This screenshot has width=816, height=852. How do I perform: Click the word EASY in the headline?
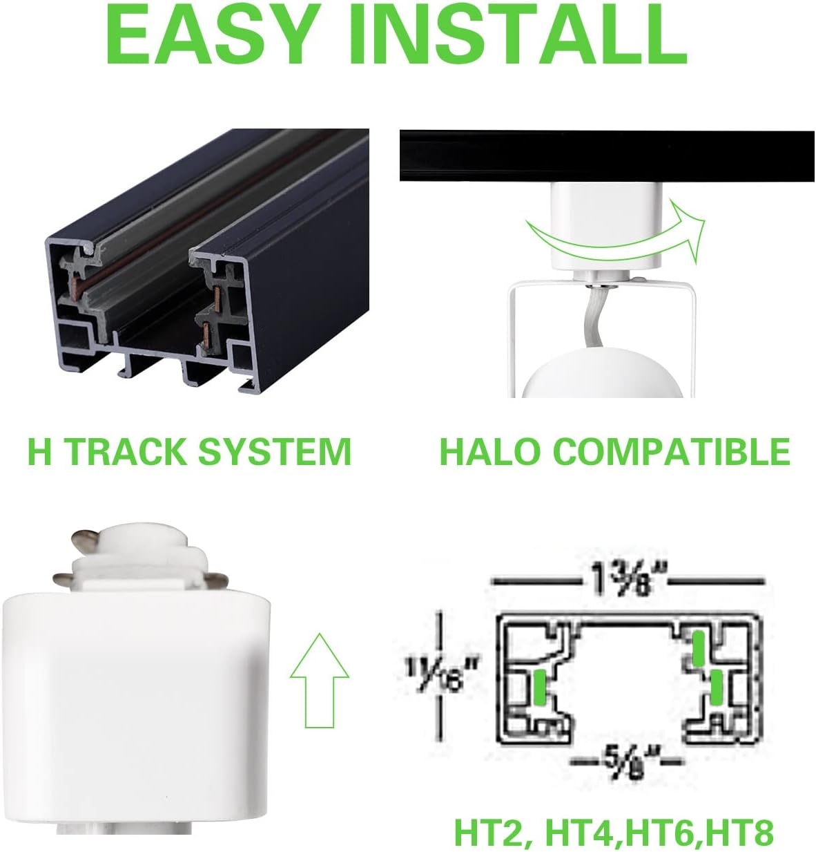208,33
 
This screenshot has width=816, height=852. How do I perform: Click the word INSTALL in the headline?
517,33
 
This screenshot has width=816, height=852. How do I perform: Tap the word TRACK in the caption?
126,451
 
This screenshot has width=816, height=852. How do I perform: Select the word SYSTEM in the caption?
275,451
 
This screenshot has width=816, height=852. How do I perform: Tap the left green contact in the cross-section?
540,688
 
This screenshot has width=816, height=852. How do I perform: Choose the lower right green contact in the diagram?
716,689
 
